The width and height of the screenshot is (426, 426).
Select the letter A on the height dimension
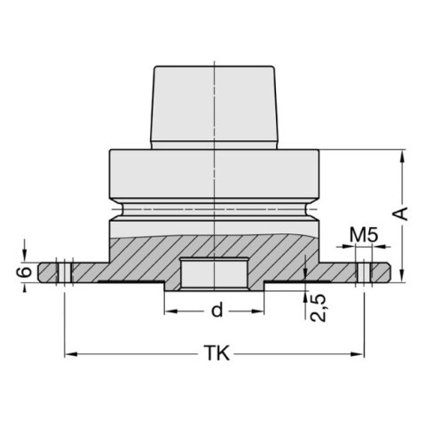pyautogui.click(x=401, y=214)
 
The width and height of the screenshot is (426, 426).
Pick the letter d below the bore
pyautogui.click(x=216, y=312)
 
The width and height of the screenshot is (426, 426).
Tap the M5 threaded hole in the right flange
pyautogui.click(x=363, y=269)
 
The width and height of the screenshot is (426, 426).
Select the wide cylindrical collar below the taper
pyautogui.click(x=215, y=176)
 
